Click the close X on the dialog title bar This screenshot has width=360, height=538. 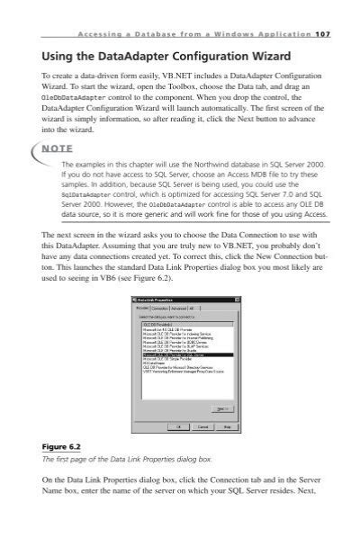coord(236,300)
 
